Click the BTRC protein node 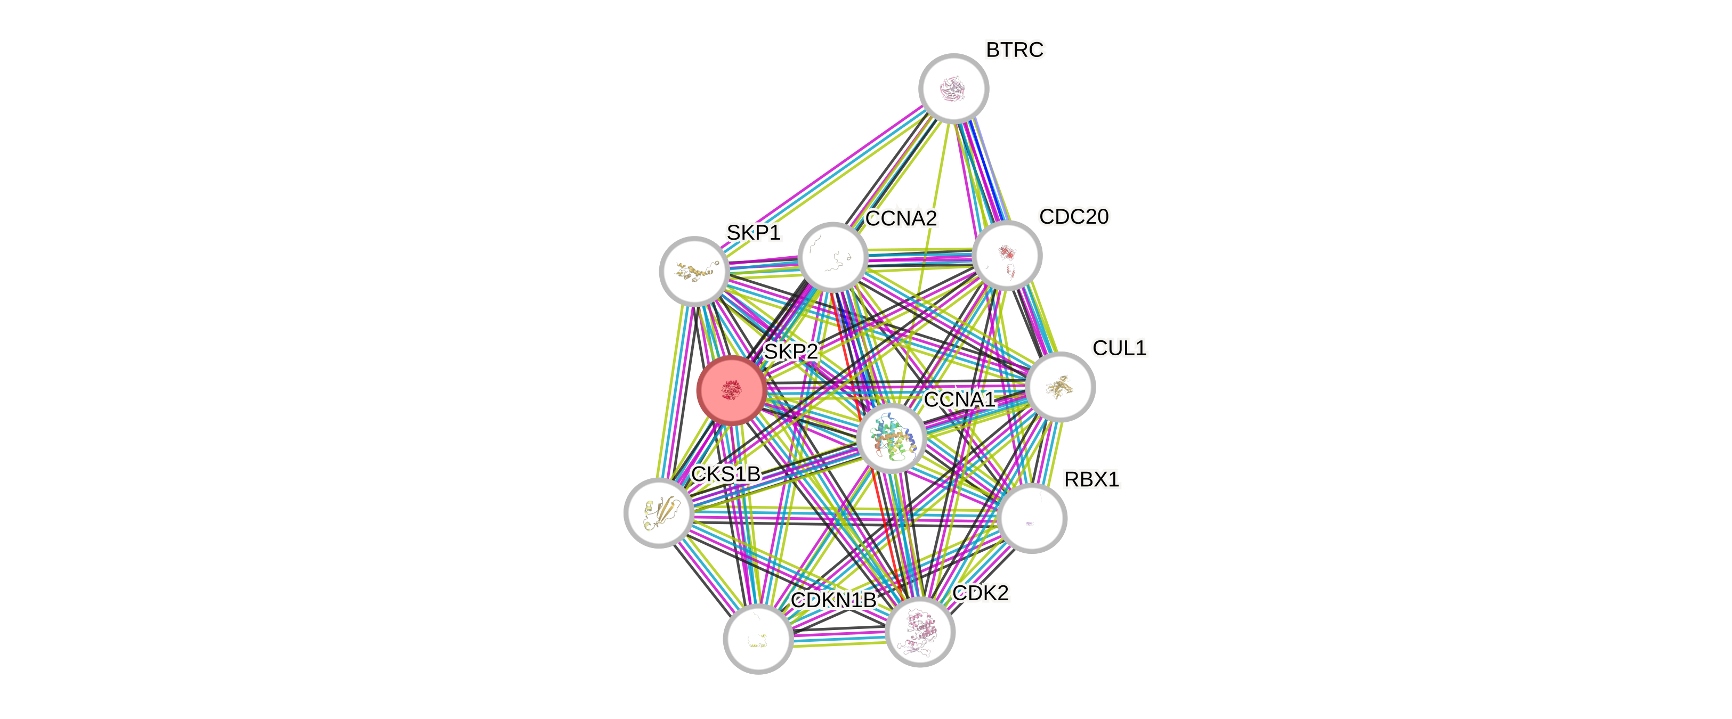953,88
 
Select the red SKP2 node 732,390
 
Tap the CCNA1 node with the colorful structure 892,438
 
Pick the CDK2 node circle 920,632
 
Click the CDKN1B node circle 758,639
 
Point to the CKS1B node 658,513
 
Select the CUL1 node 1061,387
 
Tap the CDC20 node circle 1007,255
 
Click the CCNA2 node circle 832,257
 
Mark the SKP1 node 694,271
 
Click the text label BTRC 1015,50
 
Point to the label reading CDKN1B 833,600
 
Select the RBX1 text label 1091,480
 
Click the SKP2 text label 791,352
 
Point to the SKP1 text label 753,233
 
